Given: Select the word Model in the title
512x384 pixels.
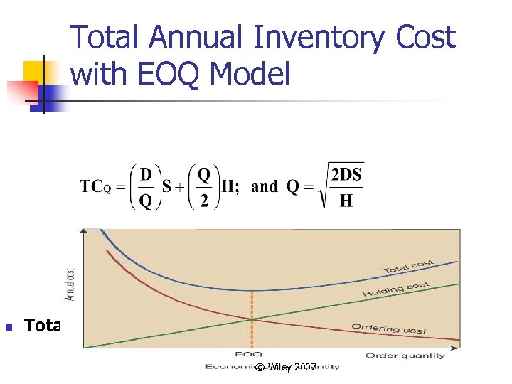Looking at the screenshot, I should click(250, 74).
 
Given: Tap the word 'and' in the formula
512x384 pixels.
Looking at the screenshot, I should click(264, 187).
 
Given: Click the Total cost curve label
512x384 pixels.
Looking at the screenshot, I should click(407, 267).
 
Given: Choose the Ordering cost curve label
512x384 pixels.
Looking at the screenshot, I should click(388, 328).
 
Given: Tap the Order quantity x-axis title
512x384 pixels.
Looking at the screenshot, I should click(405, 356).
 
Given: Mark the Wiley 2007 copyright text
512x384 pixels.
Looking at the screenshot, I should click(286, 367).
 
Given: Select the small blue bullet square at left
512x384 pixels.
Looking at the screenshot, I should click(9, 327).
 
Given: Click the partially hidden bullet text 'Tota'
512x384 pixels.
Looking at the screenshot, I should click(42, 326).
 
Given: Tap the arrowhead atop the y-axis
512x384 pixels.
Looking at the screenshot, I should click(84, 231).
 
